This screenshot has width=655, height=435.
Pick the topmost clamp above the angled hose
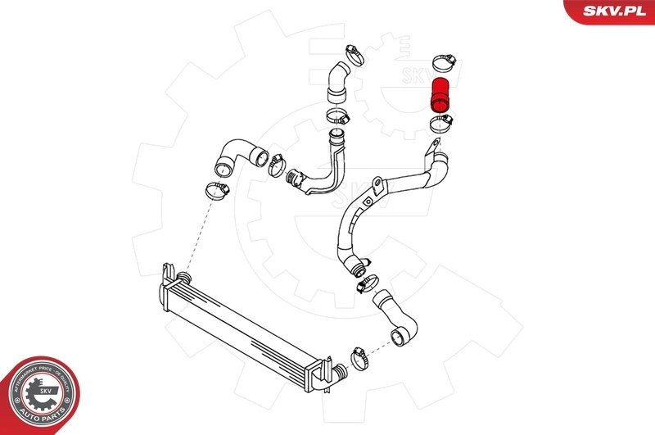click(x=354, y=53)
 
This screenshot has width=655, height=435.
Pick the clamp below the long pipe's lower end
click(x=366, y=285)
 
